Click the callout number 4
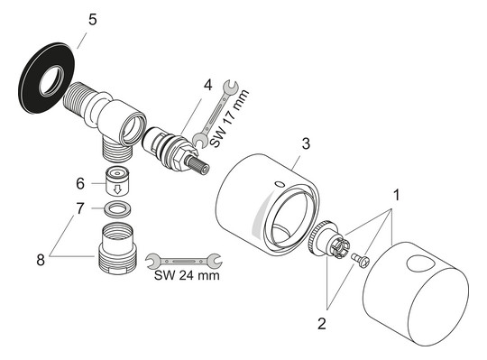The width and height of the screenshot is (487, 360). point(207,87)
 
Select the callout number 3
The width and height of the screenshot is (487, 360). point(307,144)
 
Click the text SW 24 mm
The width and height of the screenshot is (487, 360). point(185,275)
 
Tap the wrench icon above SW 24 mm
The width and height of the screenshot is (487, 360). point(184,259)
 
